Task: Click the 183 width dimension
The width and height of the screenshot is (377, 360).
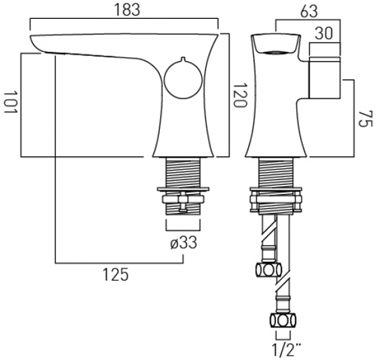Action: [125, 11]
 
